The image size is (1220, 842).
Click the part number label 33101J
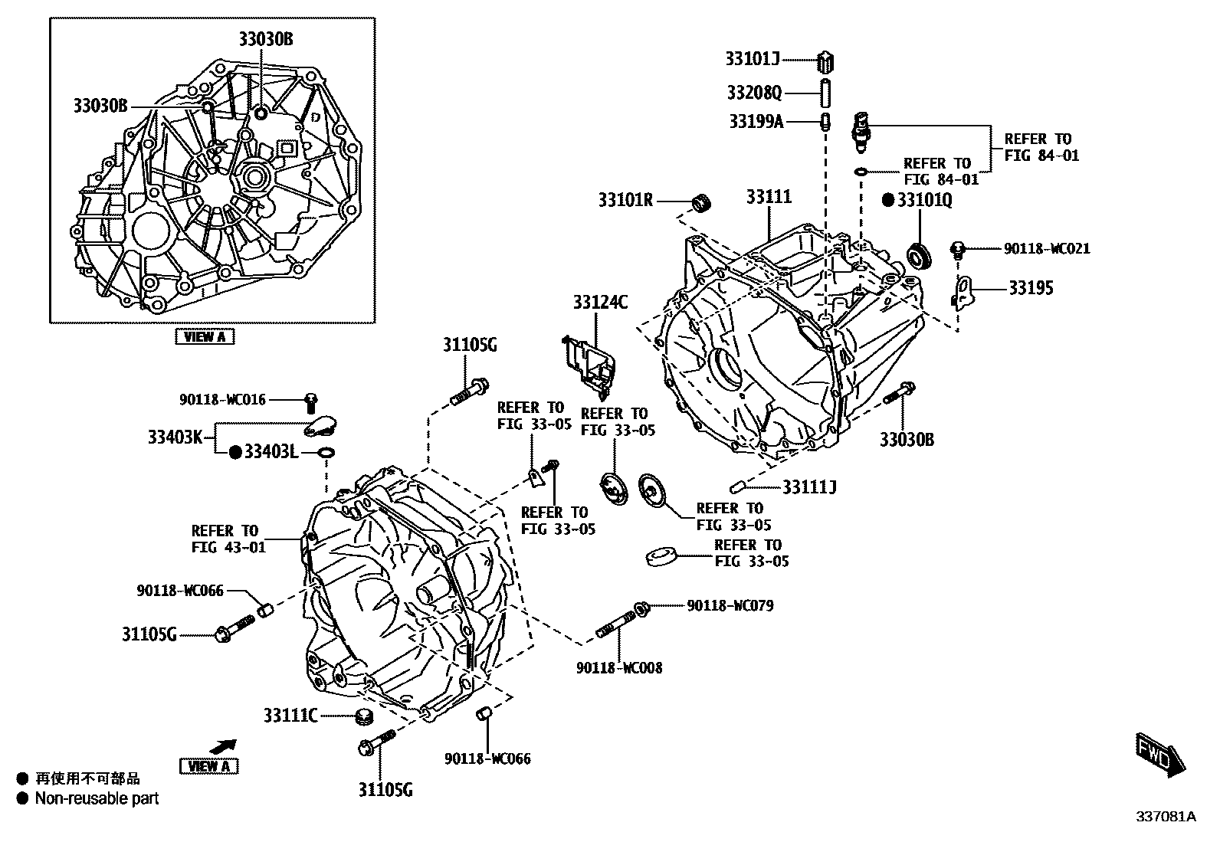tap(752, 58)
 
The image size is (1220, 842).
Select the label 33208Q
tap(754, 93)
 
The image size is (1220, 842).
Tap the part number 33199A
tap(756, 121)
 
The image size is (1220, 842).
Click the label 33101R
tap(625, 201)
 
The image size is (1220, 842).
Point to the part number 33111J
tap(809, 487)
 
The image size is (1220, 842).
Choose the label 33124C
tap(599, 303)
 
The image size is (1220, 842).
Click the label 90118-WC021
tap(1046, 248)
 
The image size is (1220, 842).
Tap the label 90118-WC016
tap(222, 399)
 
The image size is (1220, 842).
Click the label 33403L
tap(270, 452)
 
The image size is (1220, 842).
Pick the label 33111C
tap(290, 716)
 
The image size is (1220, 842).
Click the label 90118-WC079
tap(730, 605)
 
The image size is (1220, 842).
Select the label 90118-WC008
tap(619, 667)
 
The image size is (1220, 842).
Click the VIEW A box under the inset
tap(205, 336)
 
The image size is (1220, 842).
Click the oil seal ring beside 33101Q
tap(919, 255)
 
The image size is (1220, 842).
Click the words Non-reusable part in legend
tap(97, 798)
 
